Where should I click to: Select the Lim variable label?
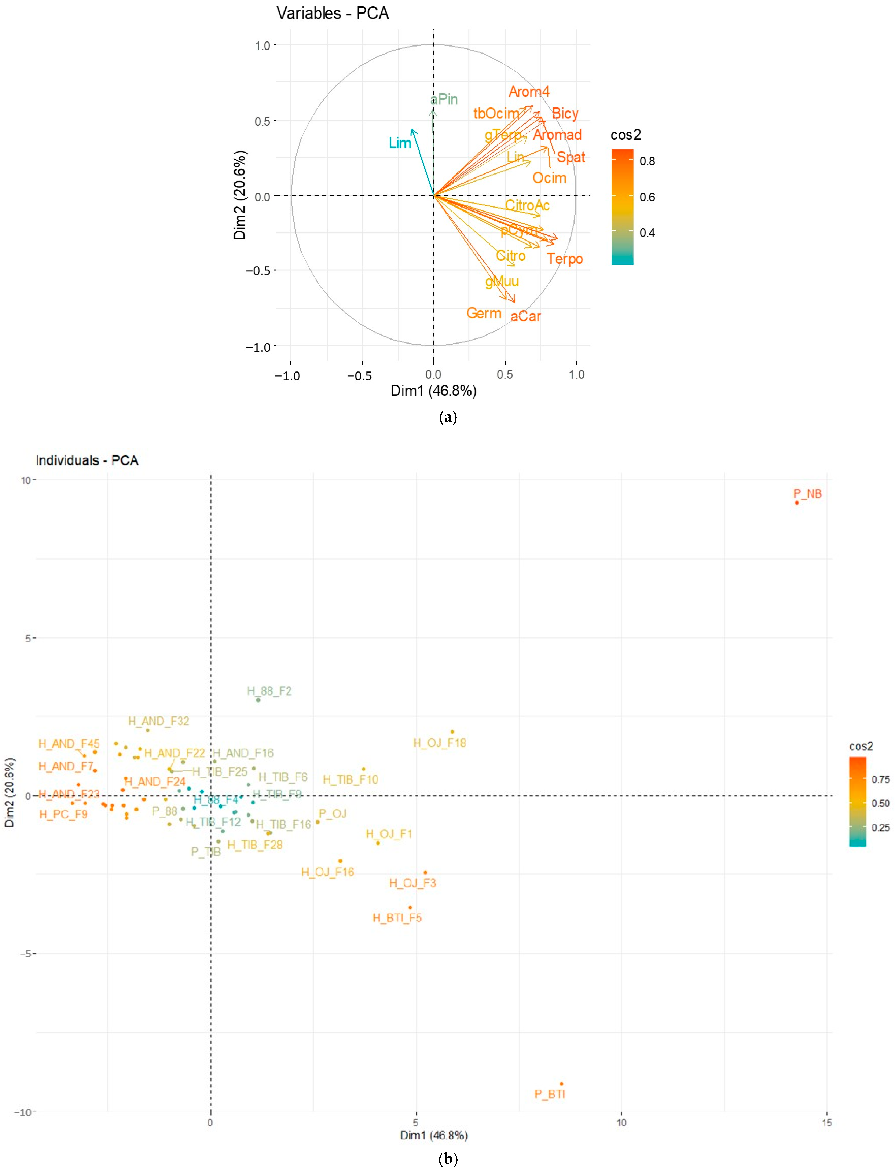coord(400,143)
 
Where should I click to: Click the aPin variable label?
coord(444,99)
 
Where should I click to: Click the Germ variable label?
coord(484,313)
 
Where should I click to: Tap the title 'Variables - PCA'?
coord(333,13)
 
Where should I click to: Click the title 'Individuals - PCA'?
coord(87,460)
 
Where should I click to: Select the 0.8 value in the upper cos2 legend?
coord(647,161)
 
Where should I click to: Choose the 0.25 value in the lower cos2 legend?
coord(880,827)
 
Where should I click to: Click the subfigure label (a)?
coord(448,417)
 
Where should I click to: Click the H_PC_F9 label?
coord(63,814)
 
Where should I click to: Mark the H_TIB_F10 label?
coord(351,779)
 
